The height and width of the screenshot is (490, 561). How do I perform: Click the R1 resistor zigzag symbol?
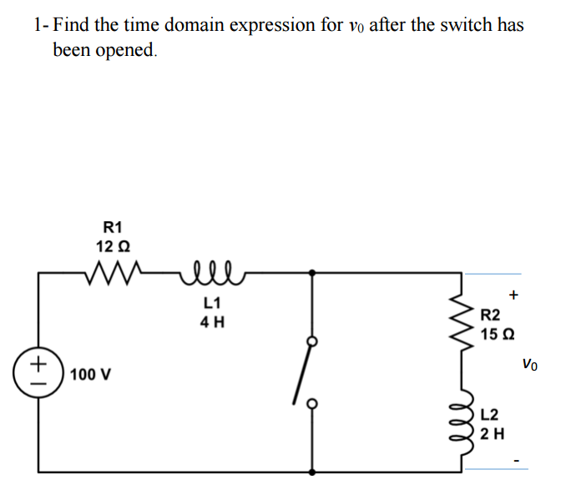point(112,271)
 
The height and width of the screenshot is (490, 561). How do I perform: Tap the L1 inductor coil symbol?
point(210,269)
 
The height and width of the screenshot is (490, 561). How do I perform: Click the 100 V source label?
point(90,373)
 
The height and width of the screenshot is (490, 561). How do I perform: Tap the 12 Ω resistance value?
point(112,246)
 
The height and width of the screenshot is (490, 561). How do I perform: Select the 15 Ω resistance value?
point(497,334)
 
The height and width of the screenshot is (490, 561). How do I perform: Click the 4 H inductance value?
point(211,321)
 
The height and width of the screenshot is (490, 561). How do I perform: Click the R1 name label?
point(112,226)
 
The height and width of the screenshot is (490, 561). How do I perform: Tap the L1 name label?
point(211,301)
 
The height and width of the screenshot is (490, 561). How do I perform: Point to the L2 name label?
point(492,414)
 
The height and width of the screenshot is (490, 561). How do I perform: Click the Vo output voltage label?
point(530,363)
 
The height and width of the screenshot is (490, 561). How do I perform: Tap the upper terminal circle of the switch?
point(312,341)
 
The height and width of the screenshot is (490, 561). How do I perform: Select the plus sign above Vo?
point(514,293)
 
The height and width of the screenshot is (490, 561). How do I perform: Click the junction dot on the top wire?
point(312,272)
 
